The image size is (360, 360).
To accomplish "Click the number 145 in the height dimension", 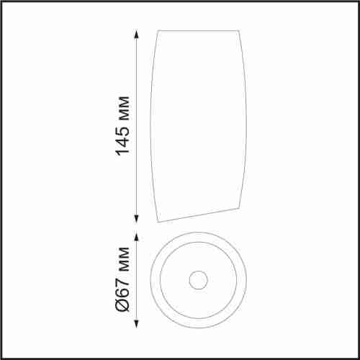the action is coord(123,138).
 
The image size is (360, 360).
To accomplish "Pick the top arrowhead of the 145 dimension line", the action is coord(136,35).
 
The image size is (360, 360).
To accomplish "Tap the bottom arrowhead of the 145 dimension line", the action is coord(136,218).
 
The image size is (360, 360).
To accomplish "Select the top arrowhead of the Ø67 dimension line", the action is coord(136,237).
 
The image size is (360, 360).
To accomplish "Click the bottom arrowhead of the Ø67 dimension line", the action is coord(136,323).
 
